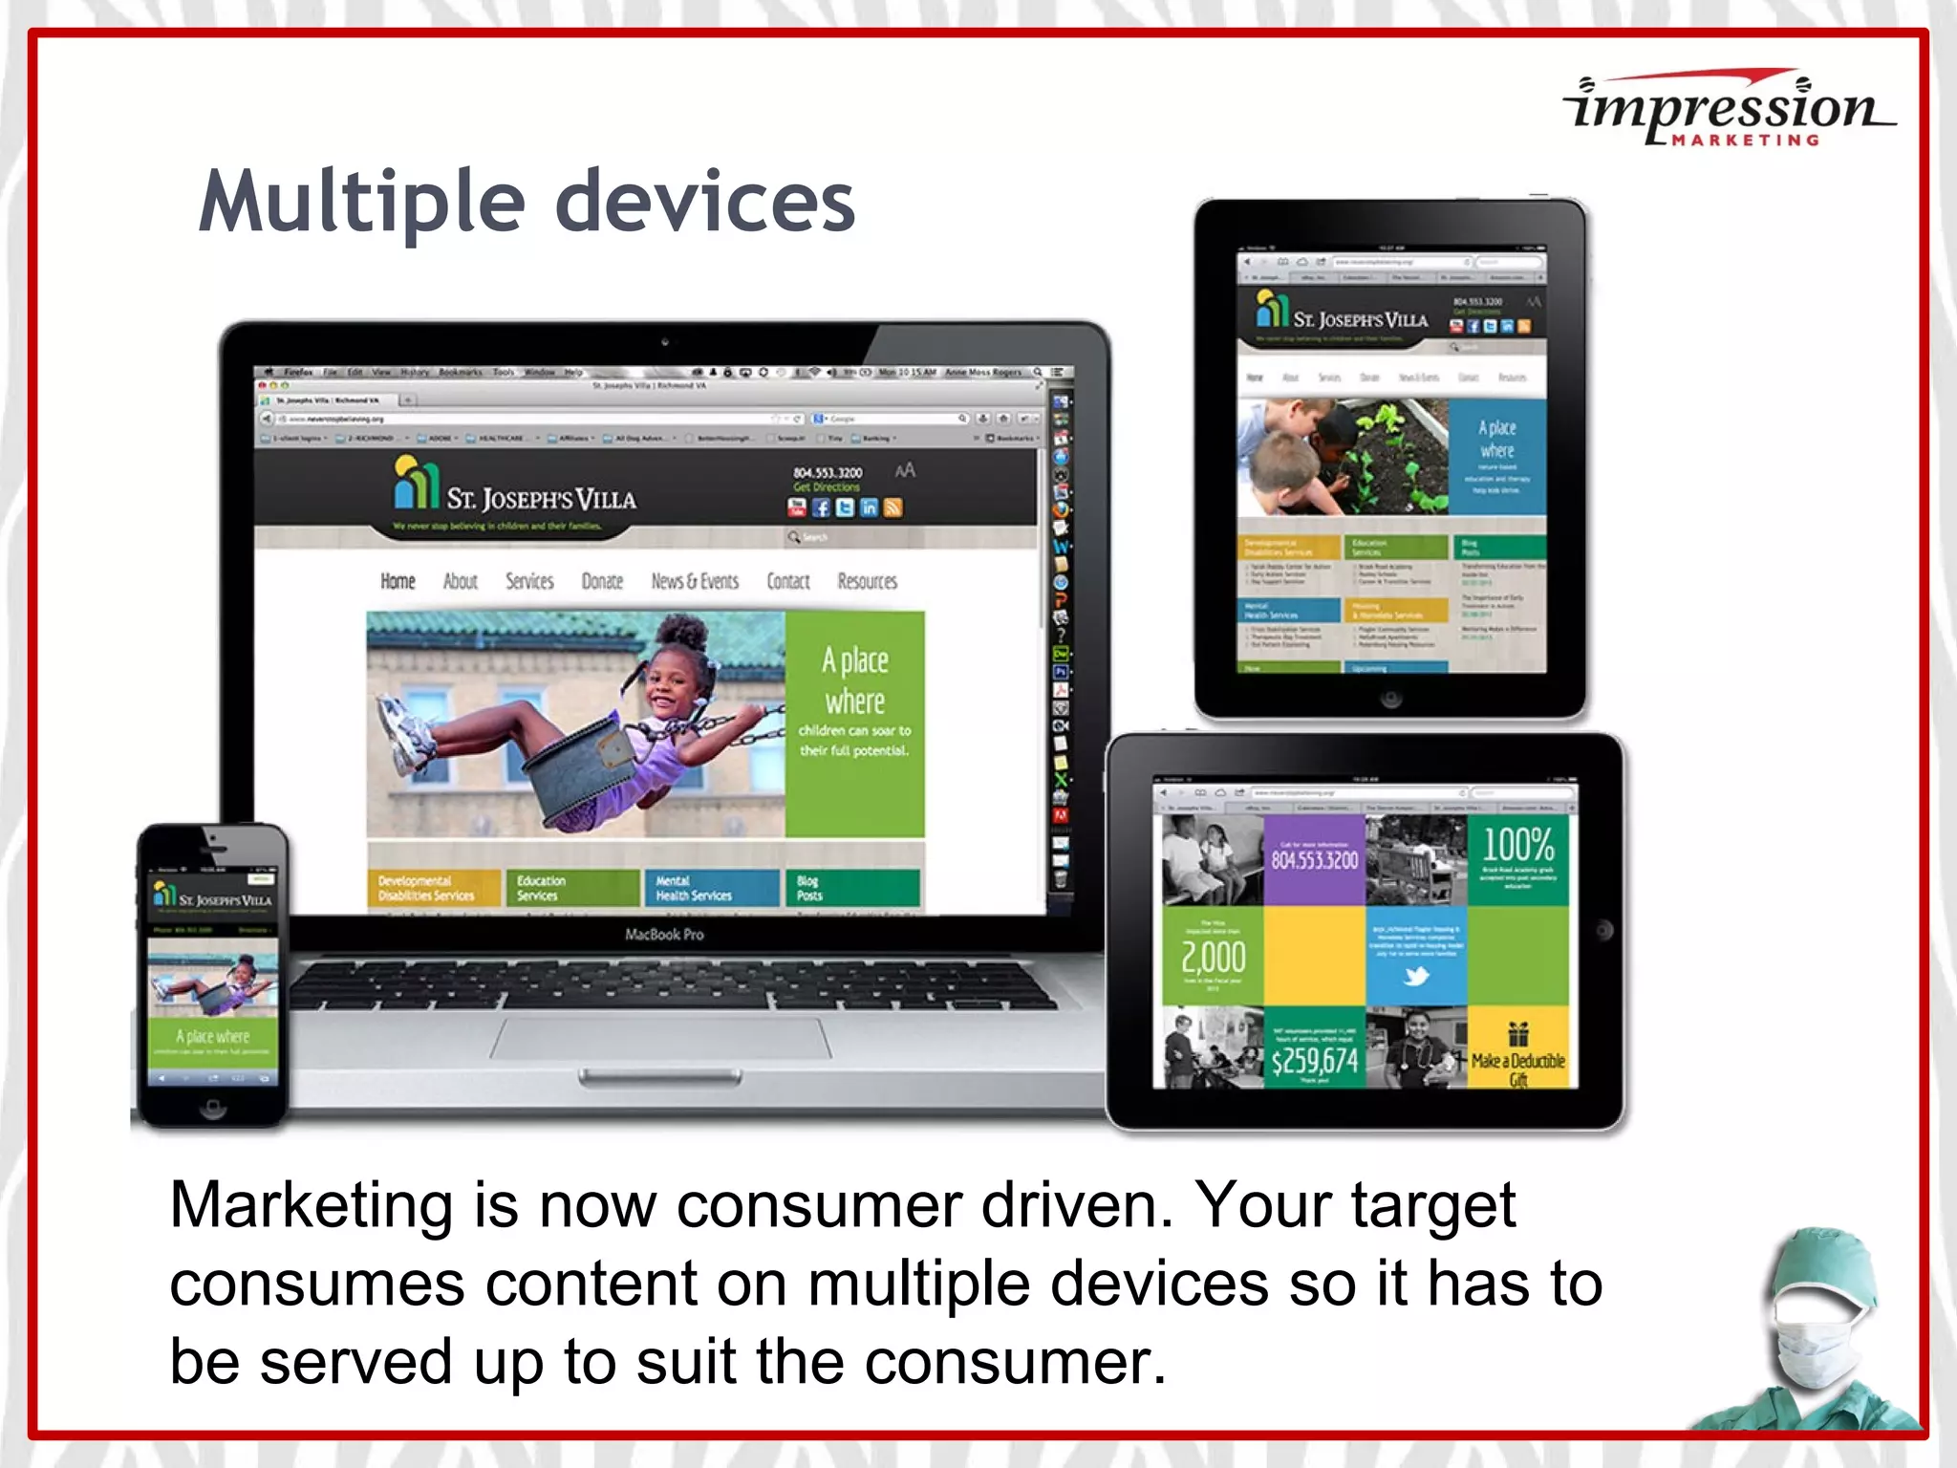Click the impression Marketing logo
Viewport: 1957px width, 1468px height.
tap(1728, 109)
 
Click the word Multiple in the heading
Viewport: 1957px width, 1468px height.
tap(362, 203)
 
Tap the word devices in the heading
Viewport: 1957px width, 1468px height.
tap(705, 203)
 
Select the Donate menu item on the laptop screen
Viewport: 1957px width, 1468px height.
tap(602, 581)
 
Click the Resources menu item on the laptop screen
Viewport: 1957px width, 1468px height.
tap(867, 581)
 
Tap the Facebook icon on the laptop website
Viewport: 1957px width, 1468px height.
tap(821, 508)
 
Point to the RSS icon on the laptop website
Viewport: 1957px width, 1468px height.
tap(892, 508)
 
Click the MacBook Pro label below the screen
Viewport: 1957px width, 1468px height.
tap(664, 934)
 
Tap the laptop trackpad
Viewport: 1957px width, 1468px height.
tap(659, 1037)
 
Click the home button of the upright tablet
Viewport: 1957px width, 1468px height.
tap(1391, 700)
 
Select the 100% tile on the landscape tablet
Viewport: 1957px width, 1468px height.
tap(1517, 858)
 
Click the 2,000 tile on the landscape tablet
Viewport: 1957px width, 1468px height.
tap(1213, 956)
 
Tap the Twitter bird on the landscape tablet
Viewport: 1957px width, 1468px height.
tap(1416, 976)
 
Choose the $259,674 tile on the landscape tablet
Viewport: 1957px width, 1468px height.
tap(1314, 1057)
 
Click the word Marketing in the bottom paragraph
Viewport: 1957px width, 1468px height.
tap(311, 1206)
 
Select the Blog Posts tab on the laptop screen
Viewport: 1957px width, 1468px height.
tap(851, 888)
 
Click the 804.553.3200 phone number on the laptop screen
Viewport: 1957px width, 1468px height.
tap(828, 472)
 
